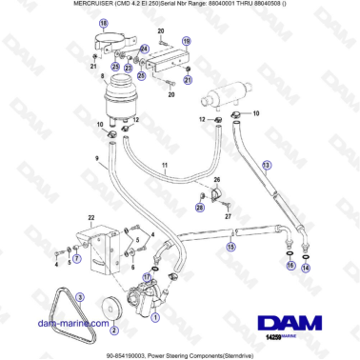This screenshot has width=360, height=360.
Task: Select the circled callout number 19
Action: [186, 41]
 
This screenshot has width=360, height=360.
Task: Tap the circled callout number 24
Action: [144, 49]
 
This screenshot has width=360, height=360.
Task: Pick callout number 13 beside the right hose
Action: [267, 165]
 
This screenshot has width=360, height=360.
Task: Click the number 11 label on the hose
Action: [165, 166]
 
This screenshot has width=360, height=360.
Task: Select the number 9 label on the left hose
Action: [96, 158]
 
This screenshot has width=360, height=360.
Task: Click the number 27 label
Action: [229, 217]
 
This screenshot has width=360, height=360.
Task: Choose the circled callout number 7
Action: [78, 256]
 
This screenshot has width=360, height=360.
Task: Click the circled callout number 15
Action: [230, 247]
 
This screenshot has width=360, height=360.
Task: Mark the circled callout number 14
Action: [306, 269]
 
